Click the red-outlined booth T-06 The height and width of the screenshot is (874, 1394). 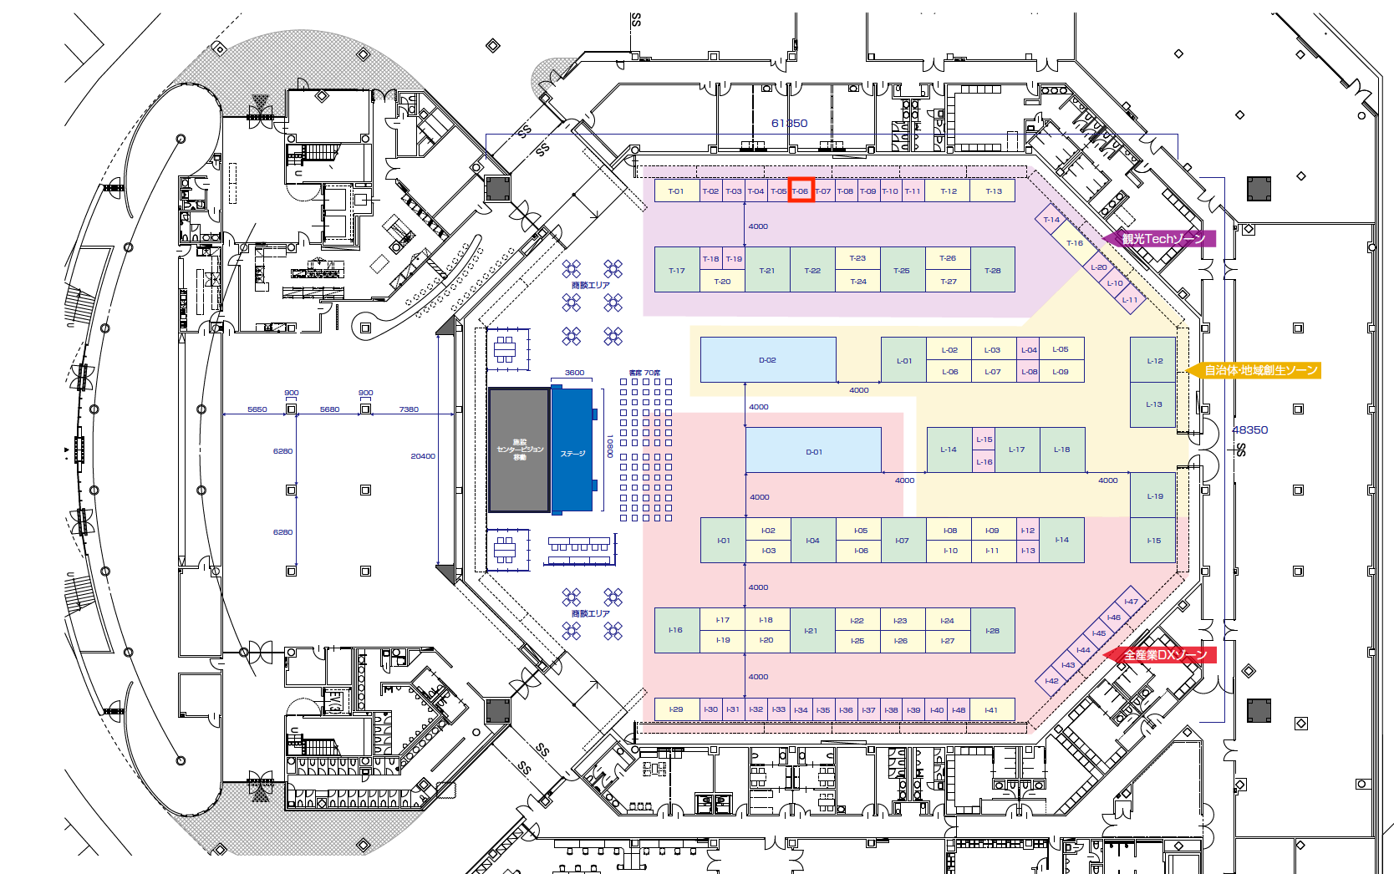[x=801, y=191]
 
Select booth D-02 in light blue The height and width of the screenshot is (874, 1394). [x=767, y=360]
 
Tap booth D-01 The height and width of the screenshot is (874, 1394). [x=813, y=451]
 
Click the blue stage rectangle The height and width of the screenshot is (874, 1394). [x=572, y=451]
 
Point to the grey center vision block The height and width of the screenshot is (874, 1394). [x=519, y=450]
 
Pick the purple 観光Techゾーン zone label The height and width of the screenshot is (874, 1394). [x=1163, y=239]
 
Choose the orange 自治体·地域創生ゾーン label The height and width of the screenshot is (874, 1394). [x=1259, y=370]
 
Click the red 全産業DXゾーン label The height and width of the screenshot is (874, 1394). [x=1164, y=655]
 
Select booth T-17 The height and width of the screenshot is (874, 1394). [x=676, y=270]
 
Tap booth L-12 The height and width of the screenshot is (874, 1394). [x=1154, y=361]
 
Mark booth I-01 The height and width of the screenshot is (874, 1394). [x=723, y=541]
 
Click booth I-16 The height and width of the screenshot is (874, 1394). [x=675, y=630]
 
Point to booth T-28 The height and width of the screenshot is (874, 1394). [x=992, y=270]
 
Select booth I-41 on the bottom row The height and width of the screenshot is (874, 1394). [x=991, y=709]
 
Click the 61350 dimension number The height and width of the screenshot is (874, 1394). [x=789, y=123]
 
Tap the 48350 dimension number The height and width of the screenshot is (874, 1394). [x=1249, y=429]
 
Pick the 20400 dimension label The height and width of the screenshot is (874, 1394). [x=422, y=456]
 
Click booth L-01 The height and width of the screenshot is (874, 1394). [x=903, y=361]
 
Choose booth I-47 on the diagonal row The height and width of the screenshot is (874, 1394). [x=1131, y=602]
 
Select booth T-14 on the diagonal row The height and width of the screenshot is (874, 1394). [x=1051, y=220]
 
